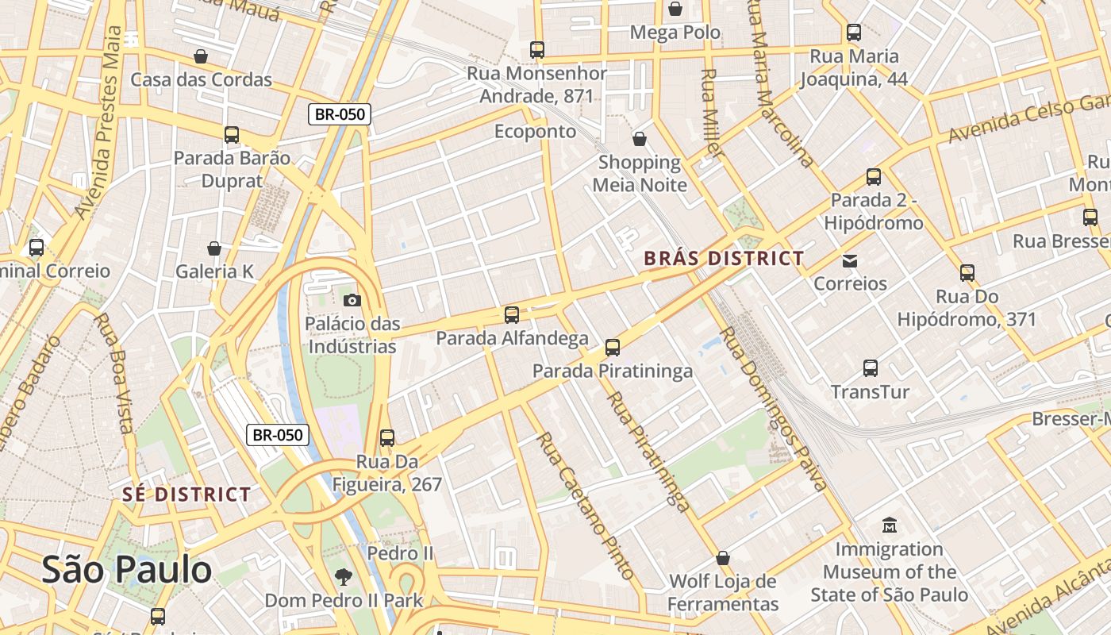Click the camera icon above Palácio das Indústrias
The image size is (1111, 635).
[352, 300]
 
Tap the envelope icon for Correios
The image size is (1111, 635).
[850, 260]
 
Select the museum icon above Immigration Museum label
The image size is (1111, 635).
[890, 525]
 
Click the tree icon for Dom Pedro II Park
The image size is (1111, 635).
[344, 577]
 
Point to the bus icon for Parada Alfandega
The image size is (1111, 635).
[512, 315]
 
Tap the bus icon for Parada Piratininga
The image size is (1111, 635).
[612, 348]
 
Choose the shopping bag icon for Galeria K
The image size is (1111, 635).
[214, 248]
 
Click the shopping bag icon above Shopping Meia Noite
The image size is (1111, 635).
[640, 140]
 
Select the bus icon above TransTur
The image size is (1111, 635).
[871, 368]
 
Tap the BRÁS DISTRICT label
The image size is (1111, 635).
[724, 259]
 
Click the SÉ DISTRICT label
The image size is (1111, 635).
[186, 495]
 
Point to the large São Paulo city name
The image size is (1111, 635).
[127, 570]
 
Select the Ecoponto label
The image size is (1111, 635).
[535, 131]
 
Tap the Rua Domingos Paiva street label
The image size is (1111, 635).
[774, 408]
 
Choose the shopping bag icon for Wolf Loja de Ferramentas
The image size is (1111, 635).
[722, 558]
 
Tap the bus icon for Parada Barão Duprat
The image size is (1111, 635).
[232, 135]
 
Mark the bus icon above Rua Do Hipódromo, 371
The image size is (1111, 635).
[967, 273]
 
